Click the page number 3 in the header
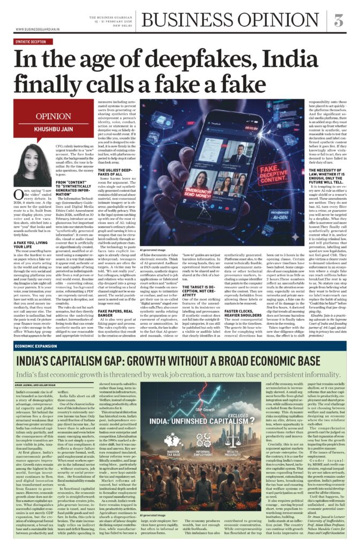(x=339, y=20)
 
